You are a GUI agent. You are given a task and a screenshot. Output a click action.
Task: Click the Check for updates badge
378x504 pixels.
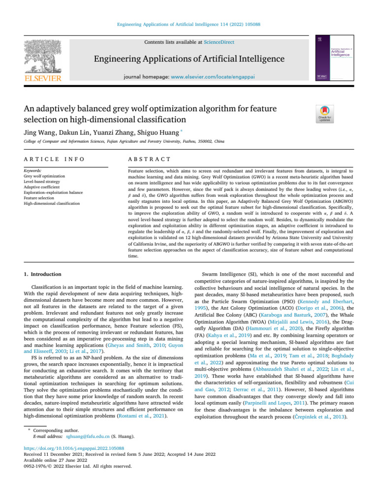click(x=325, y=114)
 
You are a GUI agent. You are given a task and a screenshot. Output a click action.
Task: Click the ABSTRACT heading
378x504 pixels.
click(x=149, y=159)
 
